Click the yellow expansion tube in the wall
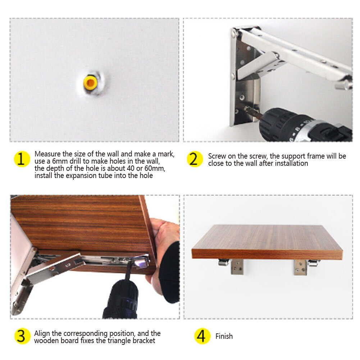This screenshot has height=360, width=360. (x=90, y=83)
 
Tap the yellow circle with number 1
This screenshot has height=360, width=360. (x=22, y=159)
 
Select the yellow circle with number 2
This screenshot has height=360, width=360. (x=195, y=159)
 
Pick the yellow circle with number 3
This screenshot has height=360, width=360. (x=22, y=336)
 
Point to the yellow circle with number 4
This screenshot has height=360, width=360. (x=202, y=336)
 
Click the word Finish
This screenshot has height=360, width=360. (x=224, y=336)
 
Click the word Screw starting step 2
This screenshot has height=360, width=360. (x=217, y=156)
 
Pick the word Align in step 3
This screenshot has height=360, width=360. (x=42, y=334)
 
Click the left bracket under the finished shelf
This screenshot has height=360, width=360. (x=232, y=266)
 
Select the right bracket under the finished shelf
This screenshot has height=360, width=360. (x=306, y=267)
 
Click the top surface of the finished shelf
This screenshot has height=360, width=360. (x=267, y=238)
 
